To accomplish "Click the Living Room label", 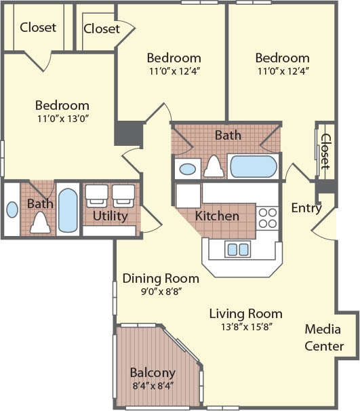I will pos(245,314).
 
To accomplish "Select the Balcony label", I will pos(153,372).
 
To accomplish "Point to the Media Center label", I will pos(323,338).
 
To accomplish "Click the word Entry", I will pos(306,208).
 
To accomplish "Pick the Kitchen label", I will pos(217,216).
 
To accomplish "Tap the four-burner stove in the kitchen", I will pos(268,217).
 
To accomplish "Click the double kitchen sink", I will pos(237,249).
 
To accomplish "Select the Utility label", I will pos(111,216).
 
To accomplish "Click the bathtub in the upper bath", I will pos(253,165).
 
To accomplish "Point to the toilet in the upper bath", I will pos(214,165).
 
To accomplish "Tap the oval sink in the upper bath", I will pos(187,168).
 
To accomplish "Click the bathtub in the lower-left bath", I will pos(68,208).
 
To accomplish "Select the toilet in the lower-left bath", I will pos(40,221).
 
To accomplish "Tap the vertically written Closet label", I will pos(325,151).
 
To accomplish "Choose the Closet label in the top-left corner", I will pos(38,28).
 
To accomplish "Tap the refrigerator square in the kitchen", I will pos(187,195).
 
